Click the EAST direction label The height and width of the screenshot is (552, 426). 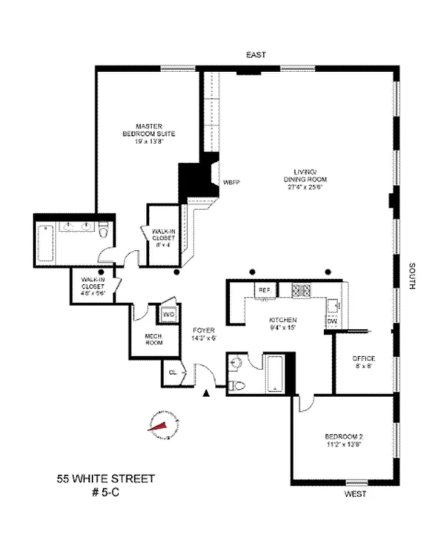(x=255, y=55)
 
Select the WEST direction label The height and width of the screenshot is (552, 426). (x=355, y=495)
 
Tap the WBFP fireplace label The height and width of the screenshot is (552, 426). (x=231, y=183)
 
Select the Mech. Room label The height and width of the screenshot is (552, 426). (x=153, y=340)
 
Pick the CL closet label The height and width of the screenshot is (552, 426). (x=173, y=373)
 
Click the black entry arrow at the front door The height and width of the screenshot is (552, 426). (x=205, y=393)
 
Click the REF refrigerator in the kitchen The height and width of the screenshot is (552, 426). (x=264, y=290)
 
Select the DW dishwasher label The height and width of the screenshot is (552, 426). (x=331, y=321)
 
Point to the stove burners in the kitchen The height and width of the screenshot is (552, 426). (x=301, y=290)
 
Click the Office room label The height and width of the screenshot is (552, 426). (x=363, y=362)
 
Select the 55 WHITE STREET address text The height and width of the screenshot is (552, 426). (x=106, y=478)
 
